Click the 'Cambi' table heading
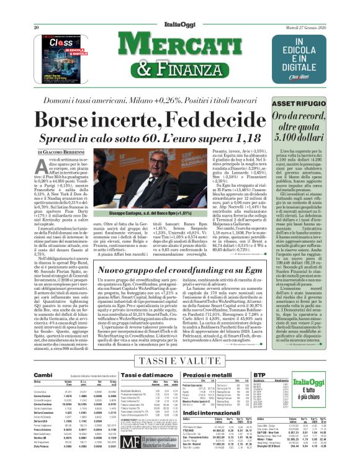(x=43, y=375)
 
